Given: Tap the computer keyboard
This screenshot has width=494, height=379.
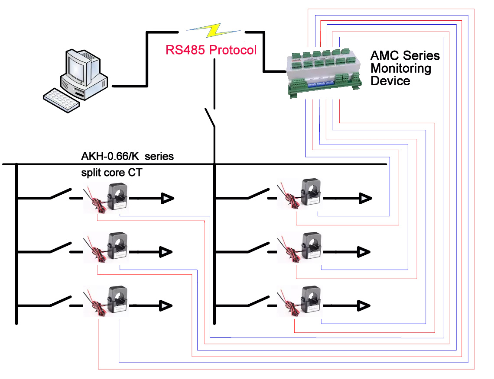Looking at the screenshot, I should coord(62,101).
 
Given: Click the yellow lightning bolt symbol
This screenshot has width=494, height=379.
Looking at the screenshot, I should coord(214,31).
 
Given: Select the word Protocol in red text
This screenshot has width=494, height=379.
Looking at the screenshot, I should coord(233,50).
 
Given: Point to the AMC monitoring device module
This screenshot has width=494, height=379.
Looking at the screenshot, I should coord(322,73).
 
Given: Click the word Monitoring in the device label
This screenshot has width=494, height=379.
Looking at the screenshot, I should coord(401,68).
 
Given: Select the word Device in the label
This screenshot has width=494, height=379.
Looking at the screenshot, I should coord(390,81).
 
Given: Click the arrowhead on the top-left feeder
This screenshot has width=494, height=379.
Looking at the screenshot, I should coord(167,198).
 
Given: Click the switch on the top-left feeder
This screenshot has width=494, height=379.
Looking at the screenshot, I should coord(60,194).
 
